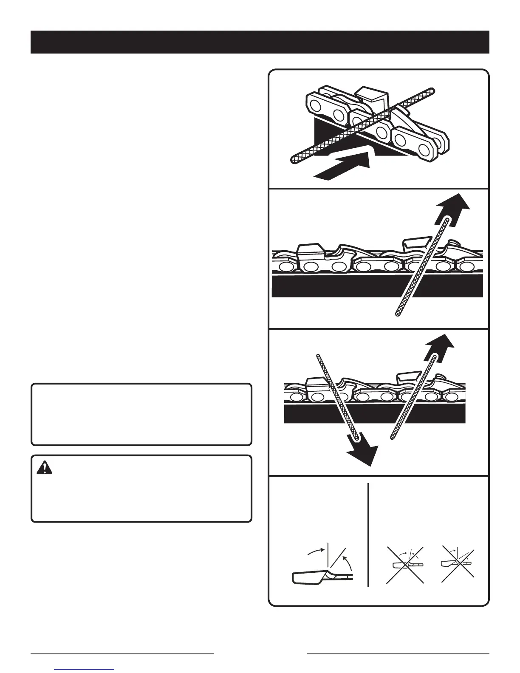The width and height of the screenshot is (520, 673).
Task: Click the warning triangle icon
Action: click(x=44, y=467)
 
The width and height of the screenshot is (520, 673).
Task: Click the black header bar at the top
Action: click(x=260, y=42)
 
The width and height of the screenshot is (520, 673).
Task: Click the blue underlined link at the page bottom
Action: click(x=85, y=669)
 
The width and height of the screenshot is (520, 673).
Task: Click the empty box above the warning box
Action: click(x=141, y=414)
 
